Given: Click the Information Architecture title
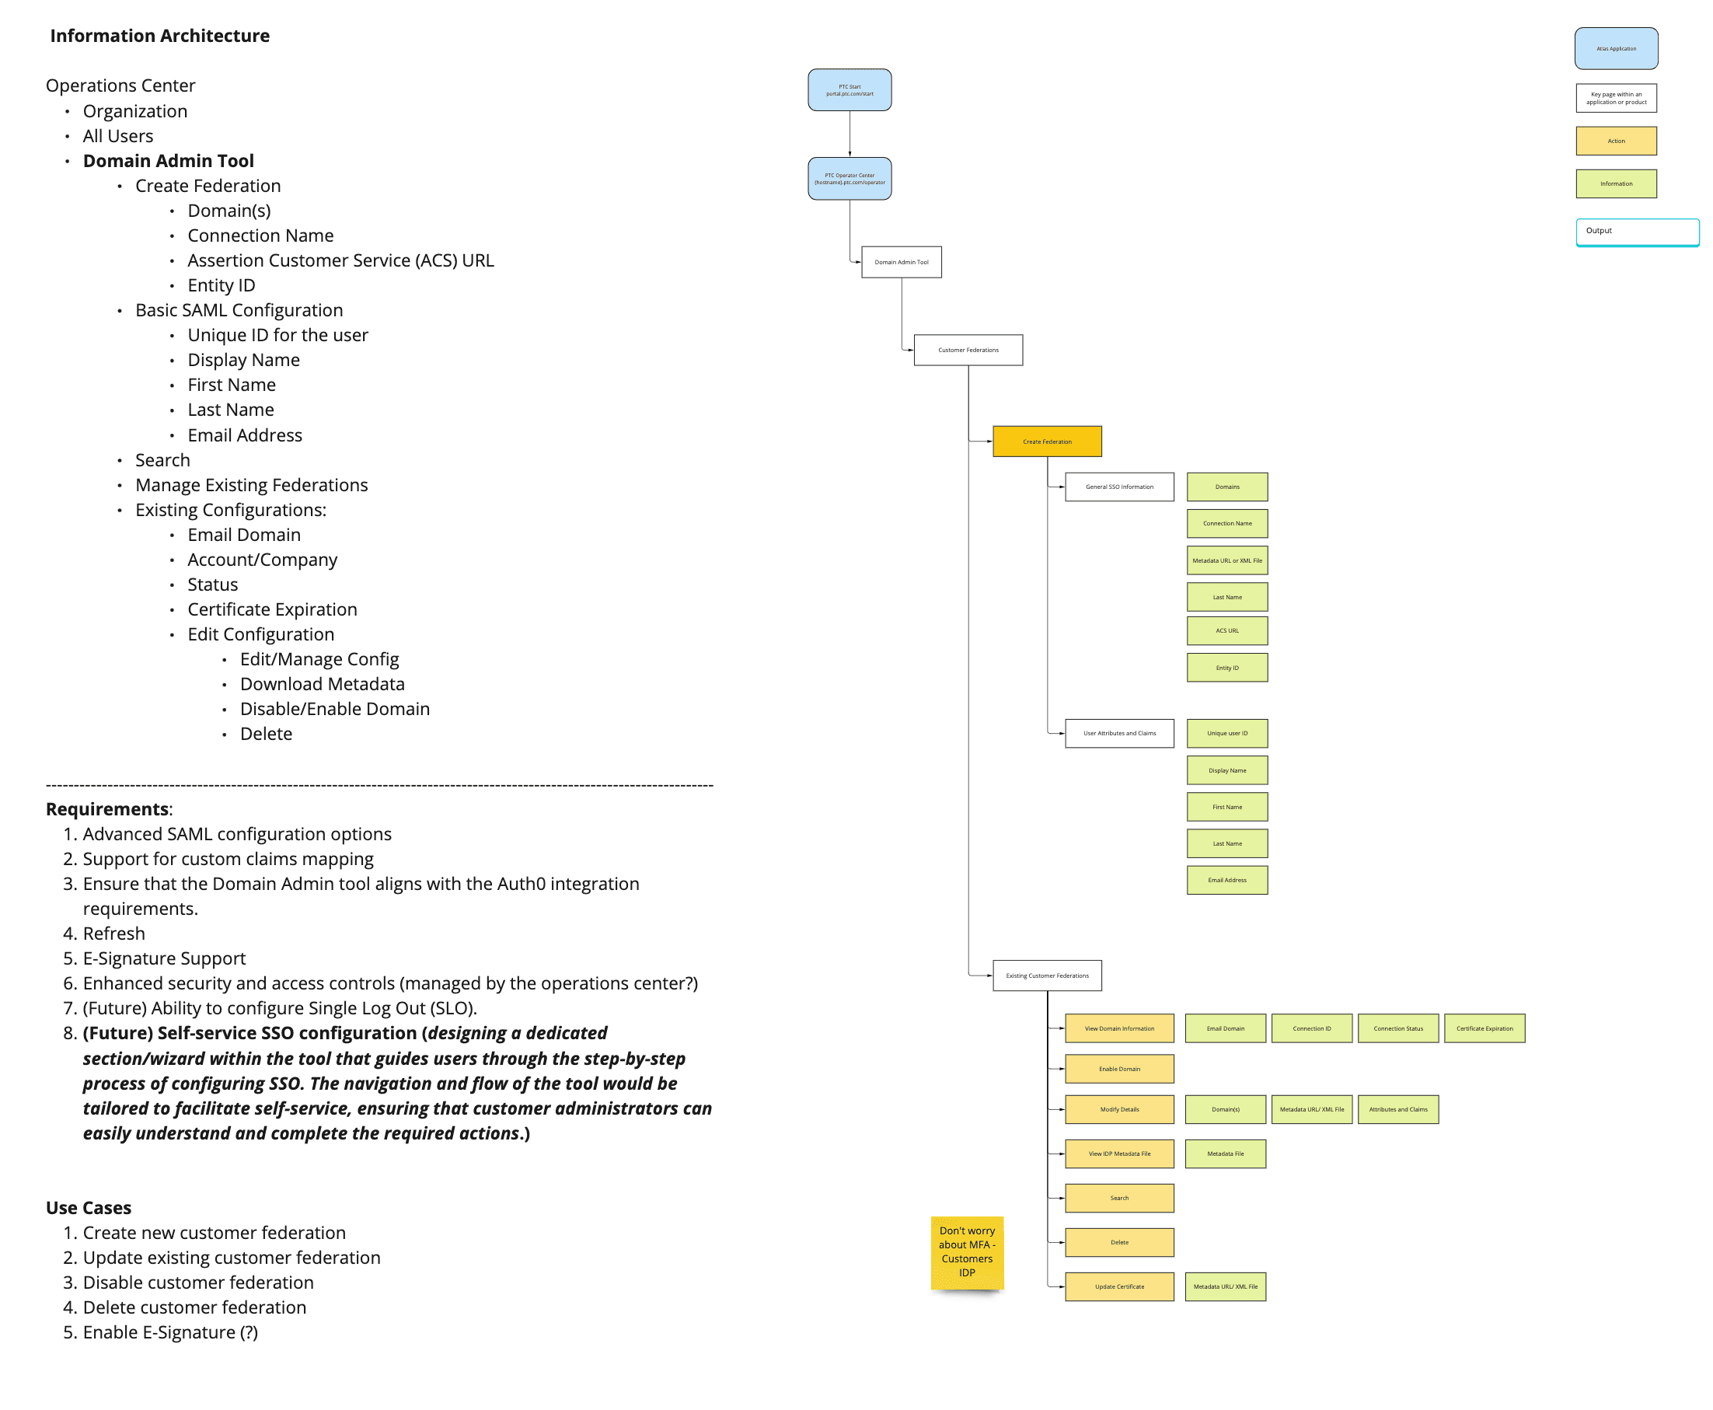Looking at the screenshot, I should coord(159,36).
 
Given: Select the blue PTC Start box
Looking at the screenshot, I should coord(849,90).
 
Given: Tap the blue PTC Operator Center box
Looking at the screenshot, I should coord(849,179).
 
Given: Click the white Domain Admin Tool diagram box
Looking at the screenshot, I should coord(901,263).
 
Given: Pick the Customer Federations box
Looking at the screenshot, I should coord(968,350).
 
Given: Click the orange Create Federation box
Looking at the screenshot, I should coord(1046,441).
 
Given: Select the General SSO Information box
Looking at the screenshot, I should coord(1118,487).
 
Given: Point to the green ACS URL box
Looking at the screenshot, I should coord(1226,630).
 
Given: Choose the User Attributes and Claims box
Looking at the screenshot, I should coord(1118,733).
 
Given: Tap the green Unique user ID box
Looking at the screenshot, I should coord(1226,733).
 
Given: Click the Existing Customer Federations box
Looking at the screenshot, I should coord(1046,975).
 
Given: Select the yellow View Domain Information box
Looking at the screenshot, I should coord(1118,1028).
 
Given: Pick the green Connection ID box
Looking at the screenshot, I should coord(1311,1028).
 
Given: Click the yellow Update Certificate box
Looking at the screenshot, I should coord(1118,1286).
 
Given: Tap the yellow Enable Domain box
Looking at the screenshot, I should coord(1118,1069).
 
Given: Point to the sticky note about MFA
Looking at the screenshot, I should coord(967,1251).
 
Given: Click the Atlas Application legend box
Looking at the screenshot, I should coord(1616,49).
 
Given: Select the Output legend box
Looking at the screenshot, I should coord(1637,232).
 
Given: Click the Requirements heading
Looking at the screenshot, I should coord(107,809).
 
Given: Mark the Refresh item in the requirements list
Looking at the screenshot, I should coord(113,934).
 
